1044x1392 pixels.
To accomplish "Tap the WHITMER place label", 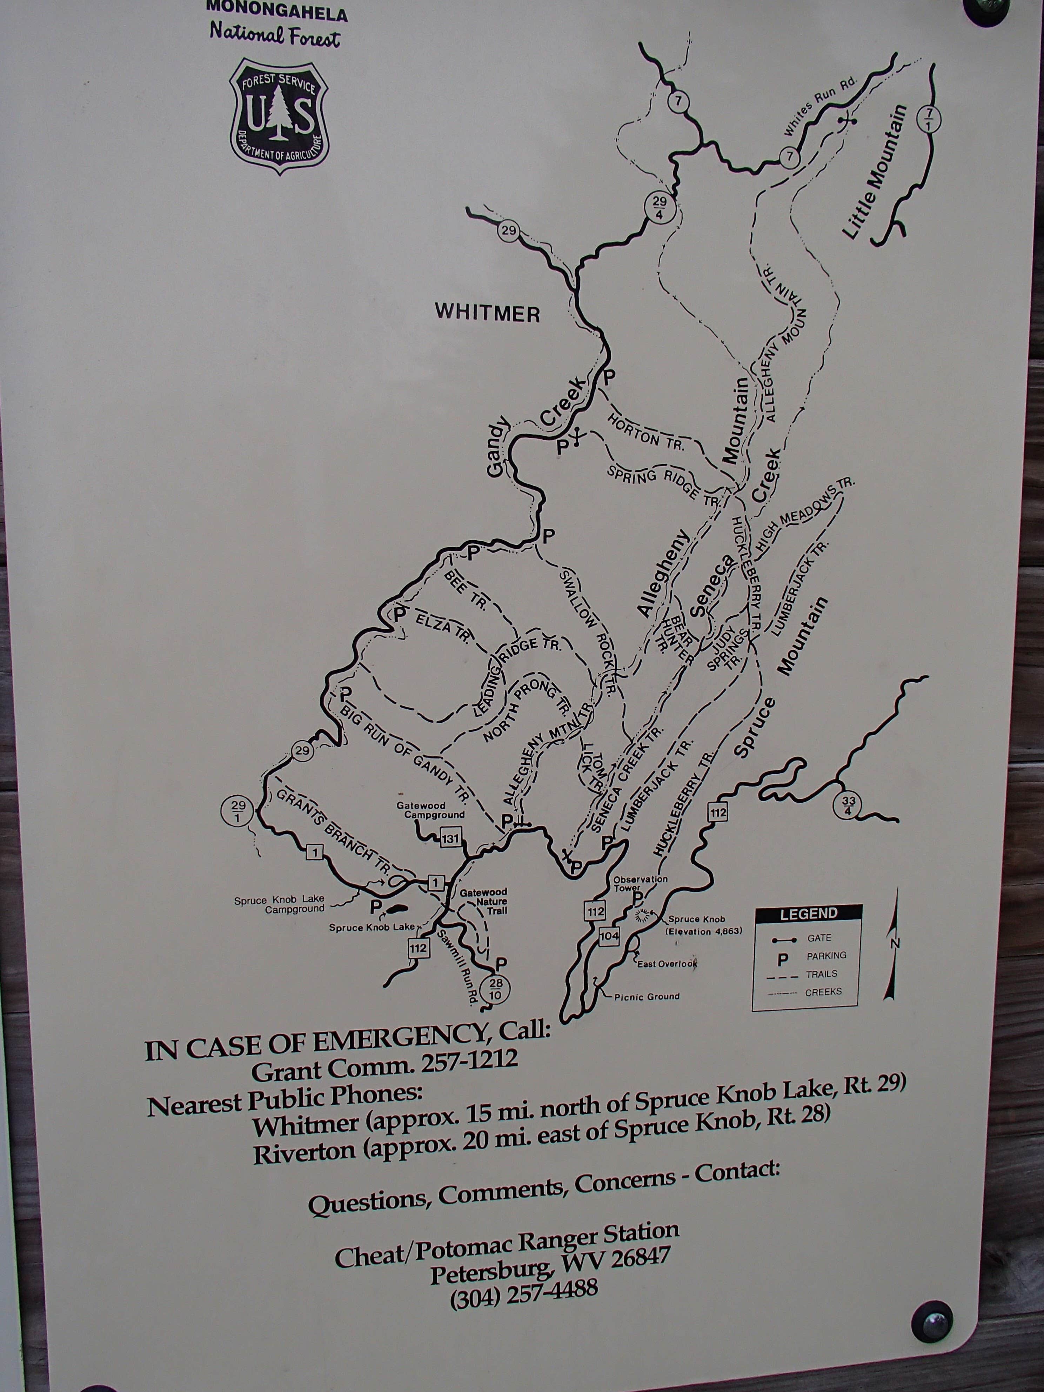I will [x=488, y=312].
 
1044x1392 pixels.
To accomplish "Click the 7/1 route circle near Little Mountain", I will [x=929, y=119].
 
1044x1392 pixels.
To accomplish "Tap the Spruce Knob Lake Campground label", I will [x=279, y=904].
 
